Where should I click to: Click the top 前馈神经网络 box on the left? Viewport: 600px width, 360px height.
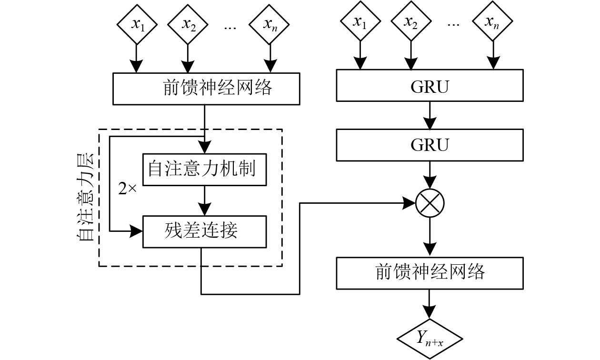point(207,89)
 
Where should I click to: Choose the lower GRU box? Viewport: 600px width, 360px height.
point(430,145)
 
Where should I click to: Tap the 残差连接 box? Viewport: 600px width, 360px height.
point(205,231)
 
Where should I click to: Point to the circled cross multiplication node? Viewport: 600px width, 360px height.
point(430,203)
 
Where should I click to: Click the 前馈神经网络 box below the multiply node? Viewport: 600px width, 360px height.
point(430,272)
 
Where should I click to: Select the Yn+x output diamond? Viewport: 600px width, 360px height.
point(430,338)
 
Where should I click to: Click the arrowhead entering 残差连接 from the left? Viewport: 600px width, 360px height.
point(137,231)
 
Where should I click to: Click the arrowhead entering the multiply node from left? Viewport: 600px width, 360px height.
point(410,203)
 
